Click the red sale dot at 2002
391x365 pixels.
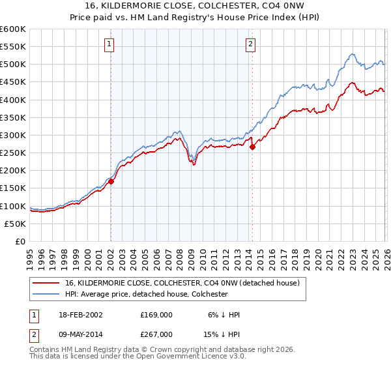tap(111, 182)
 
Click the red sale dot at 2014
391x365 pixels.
tap(252, 147)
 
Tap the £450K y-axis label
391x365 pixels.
tap(13, 82)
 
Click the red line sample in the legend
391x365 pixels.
tap(46, 284)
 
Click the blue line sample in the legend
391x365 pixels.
tap(46, 294)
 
